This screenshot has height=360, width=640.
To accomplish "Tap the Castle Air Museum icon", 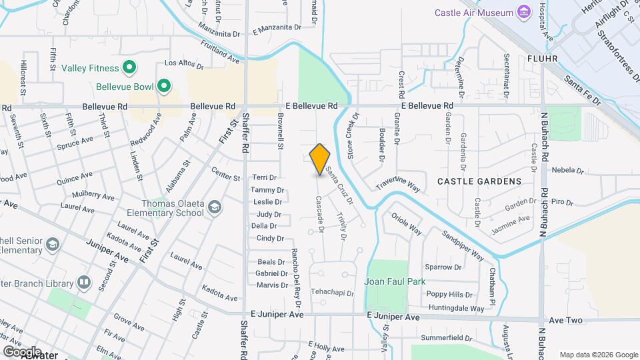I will [524, 13].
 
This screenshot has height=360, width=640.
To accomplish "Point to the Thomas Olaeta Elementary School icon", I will [214, 208].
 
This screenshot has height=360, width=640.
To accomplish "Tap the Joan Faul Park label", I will [395, 281].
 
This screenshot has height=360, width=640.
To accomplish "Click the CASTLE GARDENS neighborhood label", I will [479, 181].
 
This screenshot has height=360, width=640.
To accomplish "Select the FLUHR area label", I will [541, 58].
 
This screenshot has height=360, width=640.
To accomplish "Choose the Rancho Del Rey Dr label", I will [295, 274].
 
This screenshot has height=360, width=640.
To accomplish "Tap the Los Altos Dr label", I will [179, 63].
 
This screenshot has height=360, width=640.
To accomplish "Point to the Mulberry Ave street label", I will [95, 196].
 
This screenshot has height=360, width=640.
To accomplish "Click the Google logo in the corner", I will [22, 351].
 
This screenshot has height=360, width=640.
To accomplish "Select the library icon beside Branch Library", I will [83, 283].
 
